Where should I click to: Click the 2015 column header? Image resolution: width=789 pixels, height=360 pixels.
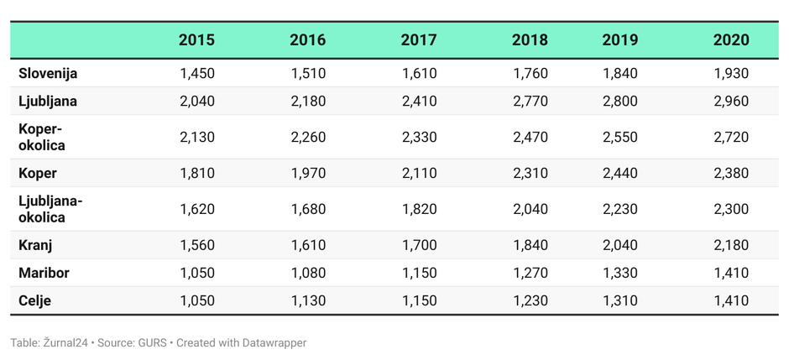196,39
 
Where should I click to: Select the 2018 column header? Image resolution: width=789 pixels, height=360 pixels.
530,39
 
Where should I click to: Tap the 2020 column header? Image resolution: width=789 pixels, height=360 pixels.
730,39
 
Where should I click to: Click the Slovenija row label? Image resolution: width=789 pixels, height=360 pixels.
48,73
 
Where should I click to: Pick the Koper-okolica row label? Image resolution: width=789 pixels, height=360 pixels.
42,137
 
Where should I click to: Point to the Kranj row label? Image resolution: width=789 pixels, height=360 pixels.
35,245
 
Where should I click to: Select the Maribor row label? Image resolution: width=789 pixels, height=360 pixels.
44,273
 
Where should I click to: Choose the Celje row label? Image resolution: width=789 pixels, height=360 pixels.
34,300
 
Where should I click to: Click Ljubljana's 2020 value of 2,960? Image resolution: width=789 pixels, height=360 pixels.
730,101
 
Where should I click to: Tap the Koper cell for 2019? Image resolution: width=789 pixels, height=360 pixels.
619,173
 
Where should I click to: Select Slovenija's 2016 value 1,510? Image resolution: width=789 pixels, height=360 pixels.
308,73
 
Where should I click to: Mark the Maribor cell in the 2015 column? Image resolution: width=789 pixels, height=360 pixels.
196,273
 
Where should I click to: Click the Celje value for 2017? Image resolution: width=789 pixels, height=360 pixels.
419,300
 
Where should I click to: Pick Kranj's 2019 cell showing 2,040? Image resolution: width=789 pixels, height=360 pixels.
619,245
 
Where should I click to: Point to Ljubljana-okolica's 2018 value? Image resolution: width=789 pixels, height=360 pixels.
530,209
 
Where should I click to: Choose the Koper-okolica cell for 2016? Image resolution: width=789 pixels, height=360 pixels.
308,137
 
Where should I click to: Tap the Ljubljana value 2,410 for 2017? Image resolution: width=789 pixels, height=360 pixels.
419,101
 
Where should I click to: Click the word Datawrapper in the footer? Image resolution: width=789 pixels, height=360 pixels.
274,342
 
